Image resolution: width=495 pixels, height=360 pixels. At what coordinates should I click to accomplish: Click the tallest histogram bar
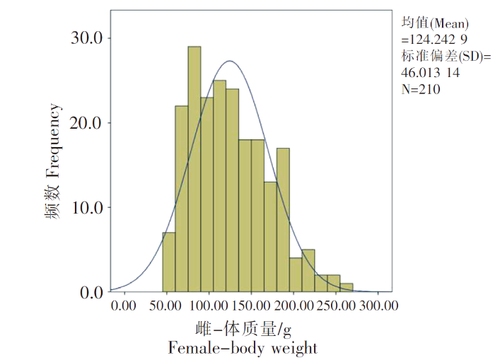[x=194, y=170]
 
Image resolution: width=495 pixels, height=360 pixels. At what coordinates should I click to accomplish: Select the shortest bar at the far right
[x=346, y=287]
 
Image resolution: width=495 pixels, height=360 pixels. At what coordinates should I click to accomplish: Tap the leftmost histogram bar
[x=168, y=262]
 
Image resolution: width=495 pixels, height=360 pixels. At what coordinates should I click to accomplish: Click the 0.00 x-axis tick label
[x=124, y=306]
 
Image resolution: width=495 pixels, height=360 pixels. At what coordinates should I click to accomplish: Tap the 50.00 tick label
[x=166, y=306]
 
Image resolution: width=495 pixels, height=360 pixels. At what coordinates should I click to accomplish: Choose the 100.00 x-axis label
[x=209, y=306]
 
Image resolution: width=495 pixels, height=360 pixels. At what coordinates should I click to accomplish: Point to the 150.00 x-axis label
[x=252, y=306]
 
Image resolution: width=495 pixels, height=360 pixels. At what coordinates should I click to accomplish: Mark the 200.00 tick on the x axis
[x=294, y=306]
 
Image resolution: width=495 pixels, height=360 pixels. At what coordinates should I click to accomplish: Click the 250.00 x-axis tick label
[x=337, y=306]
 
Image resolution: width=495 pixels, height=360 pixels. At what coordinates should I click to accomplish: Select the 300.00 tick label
[x=378, y=306]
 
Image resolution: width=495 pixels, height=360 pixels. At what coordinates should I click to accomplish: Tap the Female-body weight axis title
[x=243, y=348]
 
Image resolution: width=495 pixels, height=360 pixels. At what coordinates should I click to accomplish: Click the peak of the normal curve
[x=229, y=61]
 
